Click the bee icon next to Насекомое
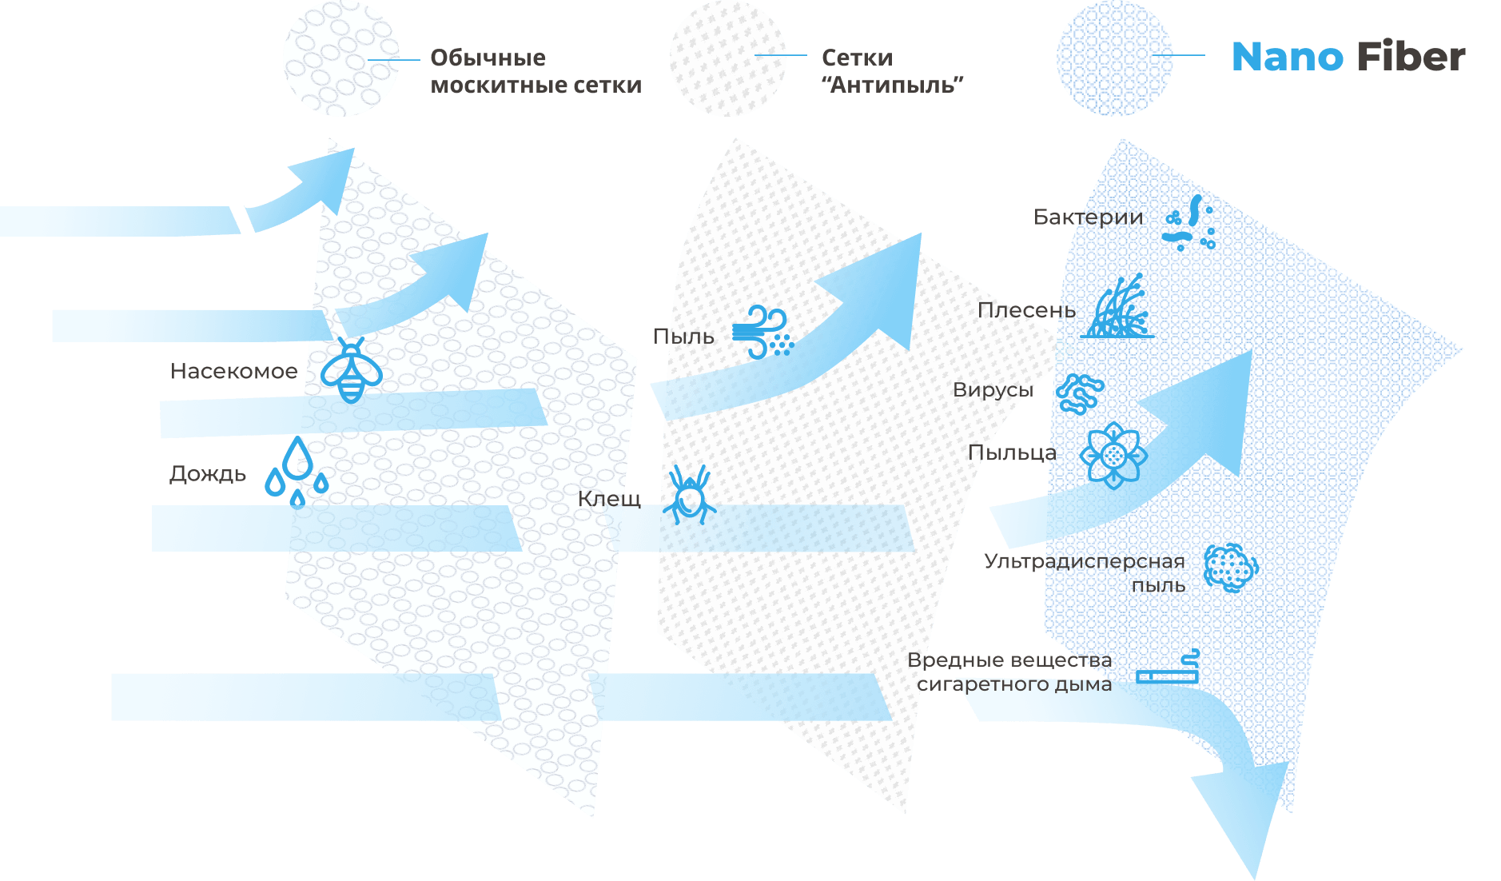coord(351,370)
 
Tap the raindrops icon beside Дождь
coord(297,471)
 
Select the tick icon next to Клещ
coord(688,496)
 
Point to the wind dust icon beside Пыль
coord(762,332)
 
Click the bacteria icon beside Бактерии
coord(1190,223)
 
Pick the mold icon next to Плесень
coord(1119,308)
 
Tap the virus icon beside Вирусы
coord(1080,393)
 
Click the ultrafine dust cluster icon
coord(1229,567)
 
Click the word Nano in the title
coord(1287,58)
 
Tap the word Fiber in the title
coord(1411,58)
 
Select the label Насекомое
coord(233,371)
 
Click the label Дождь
coord(208,473)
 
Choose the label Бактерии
coord(1088,217)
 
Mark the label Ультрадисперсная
coord(1084,561)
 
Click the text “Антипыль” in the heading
coord(892,85)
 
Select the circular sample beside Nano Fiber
coord(1114,58)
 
